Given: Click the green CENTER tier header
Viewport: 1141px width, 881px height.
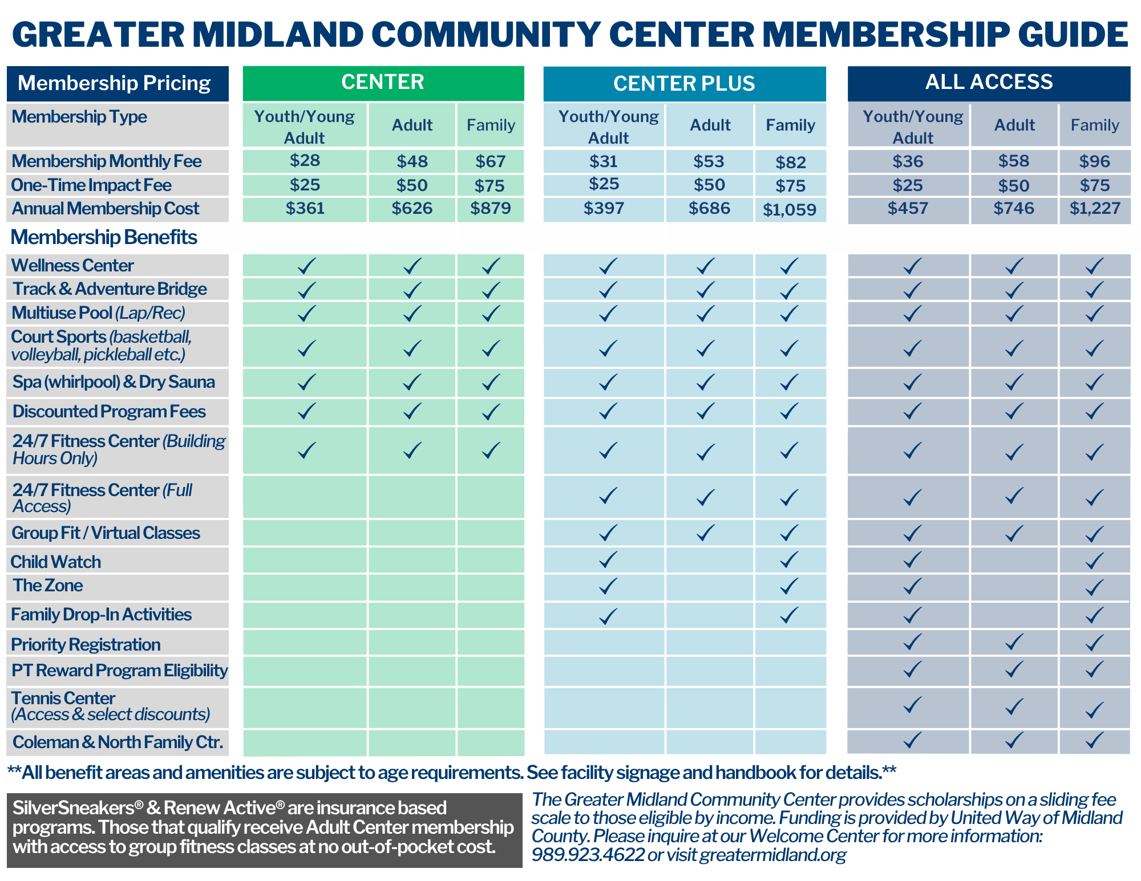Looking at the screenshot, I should coord(383,83).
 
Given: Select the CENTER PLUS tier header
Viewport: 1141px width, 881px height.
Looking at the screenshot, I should coord(684,84).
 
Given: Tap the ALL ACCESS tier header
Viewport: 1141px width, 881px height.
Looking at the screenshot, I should coord(989,83).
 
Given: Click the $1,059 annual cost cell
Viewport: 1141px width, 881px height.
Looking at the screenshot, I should coord(790,210).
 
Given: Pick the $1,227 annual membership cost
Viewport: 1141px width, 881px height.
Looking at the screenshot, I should coord(1095,209).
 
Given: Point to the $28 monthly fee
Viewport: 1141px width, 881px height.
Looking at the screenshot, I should coord(305,161).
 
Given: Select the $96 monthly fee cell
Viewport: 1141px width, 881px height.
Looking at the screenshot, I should coord(1095,161).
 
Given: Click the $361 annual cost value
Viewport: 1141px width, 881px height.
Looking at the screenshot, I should coord(305,208).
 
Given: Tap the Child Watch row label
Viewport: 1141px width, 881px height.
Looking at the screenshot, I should coord(56,562).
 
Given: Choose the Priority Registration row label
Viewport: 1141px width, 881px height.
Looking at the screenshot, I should coord(86,644).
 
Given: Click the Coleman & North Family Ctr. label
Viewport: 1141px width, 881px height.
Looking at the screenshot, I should coord(118,742).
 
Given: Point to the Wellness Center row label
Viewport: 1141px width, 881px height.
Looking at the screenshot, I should coord(72,265).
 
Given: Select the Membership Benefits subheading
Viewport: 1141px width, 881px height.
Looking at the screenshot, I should coord(104,237).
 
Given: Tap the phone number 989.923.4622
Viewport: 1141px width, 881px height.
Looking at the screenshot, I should coord(588,855).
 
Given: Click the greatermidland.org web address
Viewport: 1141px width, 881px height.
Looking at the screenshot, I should coord(773,855).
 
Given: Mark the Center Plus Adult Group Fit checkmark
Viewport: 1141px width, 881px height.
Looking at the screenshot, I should coord(706,533).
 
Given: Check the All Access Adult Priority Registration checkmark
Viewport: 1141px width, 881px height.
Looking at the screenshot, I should coord(1014,643).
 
